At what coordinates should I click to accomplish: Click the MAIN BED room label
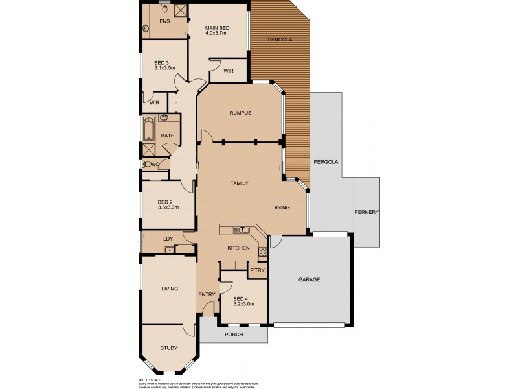point(218,28)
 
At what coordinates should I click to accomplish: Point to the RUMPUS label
point(240,113)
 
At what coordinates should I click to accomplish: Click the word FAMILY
point(239,183)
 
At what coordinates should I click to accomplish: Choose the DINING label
point(280,207)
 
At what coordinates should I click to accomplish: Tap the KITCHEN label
point(238,248)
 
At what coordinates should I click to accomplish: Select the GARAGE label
point(310,280)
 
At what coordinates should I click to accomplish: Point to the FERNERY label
point(366,213)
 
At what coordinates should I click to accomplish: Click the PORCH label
point(233,335)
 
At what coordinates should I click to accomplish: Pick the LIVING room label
point(169,289)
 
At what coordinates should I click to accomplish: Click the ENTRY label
point(207,295)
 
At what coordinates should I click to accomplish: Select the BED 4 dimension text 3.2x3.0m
point(243,303)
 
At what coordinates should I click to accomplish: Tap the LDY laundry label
point(168,239)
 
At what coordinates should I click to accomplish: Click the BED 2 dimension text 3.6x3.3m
point(168,207)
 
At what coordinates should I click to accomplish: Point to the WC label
point(154,163)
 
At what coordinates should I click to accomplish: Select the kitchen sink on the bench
point(241,230)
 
